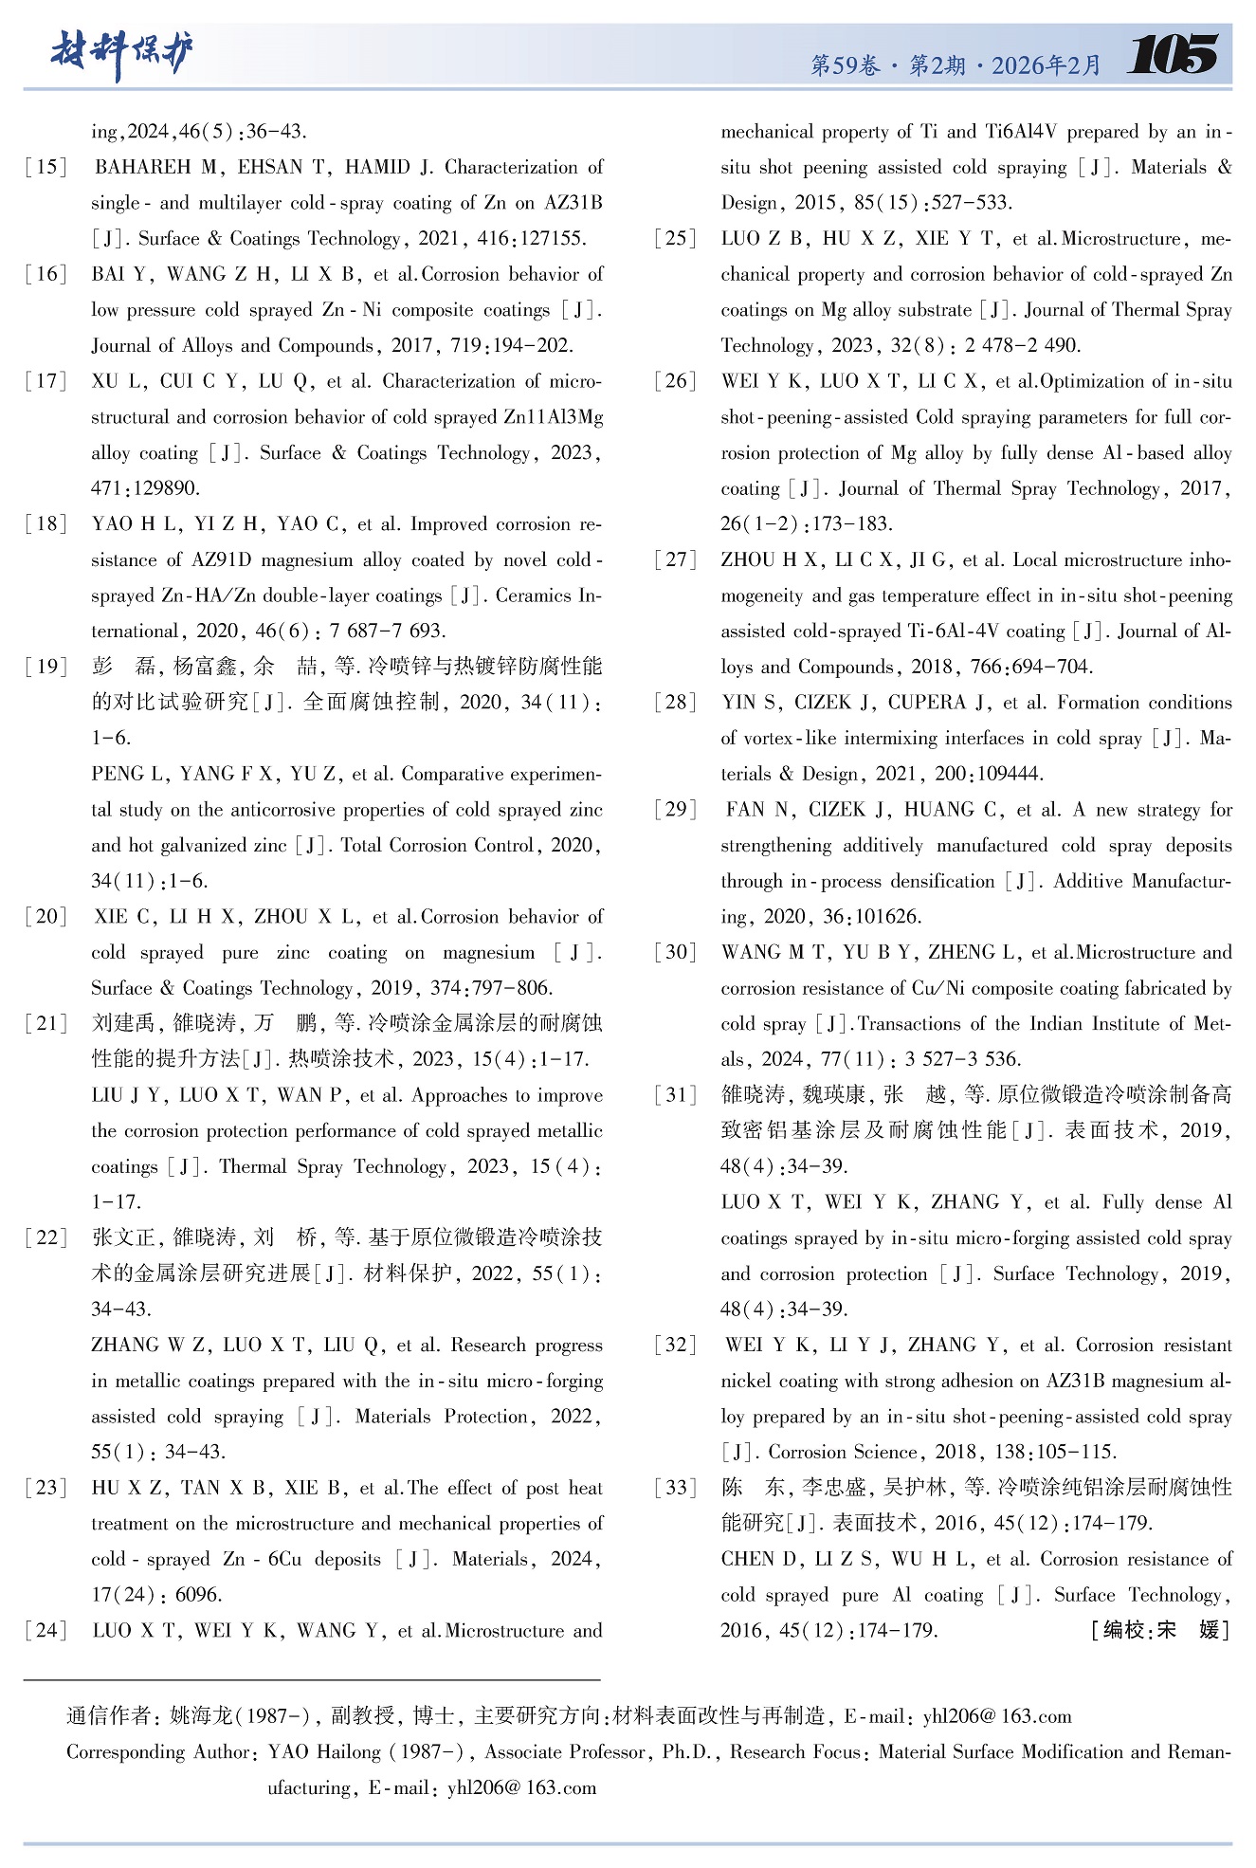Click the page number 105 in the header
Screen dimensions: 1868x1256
(x=1173, y=54)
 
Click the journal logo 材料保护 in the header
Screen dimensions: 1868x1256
(x=121, y=54)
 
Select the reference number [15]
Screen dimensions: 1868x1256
(x=46, y=168)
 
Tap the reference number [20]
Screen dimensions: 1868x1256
(x=46, y=917)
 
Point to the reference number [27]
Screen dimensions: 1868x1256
(x=676, y=560)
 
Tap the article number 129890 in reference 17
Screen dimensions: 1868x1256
(x=145, y=489)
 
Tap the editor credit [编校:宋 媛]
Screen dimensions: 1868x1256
(x=1160, y=1631)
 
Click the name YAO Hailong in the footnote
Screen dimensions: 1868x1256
(x=324, y=1752)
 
